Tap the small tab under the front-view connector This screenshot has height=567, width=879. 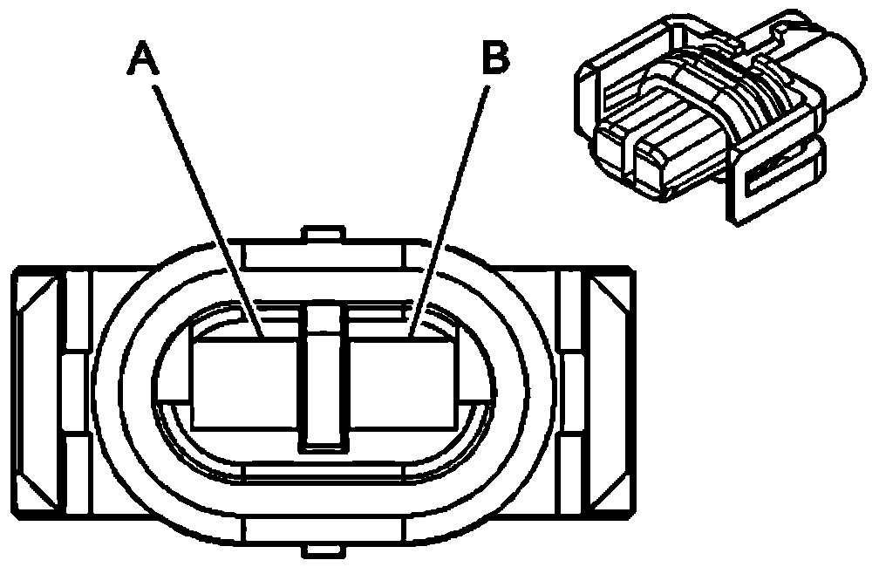[x=322, y=550]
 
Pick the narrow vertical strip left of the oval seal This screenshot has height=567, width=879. [x=78, y=393]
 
